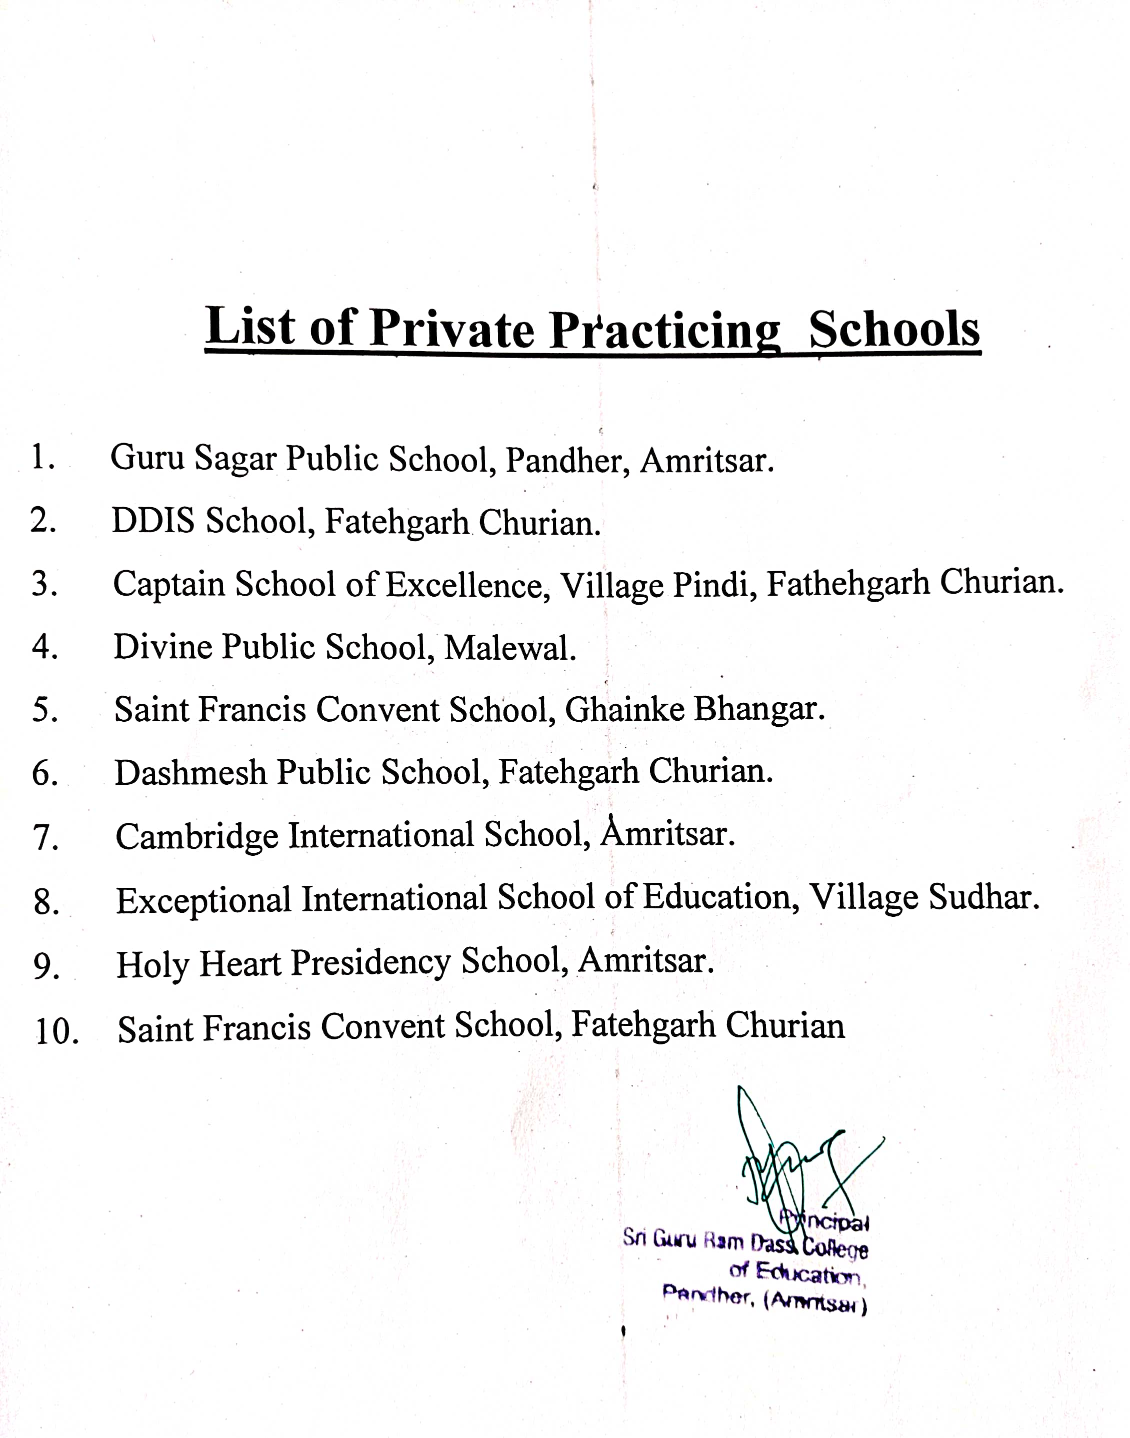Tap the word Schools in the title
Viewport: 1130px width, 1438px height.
894,329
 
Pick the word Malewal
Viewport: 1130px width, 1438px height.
510,647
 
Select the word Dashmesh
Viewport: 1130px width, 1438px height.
190,772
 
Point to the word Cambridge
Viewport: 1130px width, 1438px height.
196,836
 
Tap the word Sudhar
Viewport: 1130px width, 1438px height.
984,897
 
